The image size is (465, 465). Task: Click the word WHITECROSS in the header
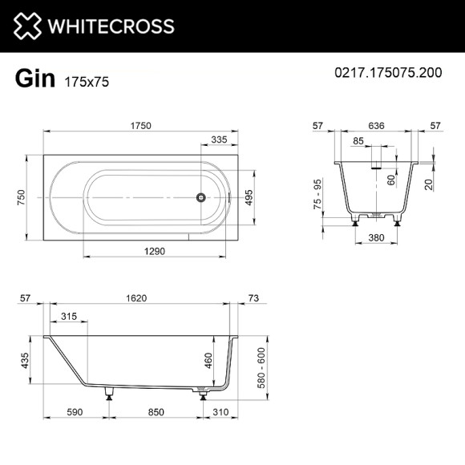pos(113,26)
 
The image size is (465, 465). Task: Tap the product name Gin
pos(34,79)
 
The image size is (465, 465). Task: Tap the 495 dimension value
pos(249,196)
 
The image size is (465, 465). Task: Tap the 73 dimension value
pos(254,299)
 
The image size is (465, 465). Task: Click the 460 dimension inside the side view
pos(209,361)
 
